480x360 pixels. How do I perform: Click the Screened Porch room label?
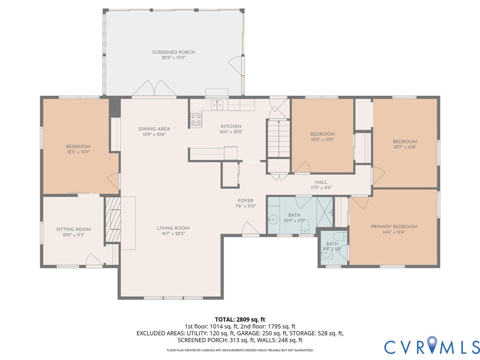(x=173, y=52)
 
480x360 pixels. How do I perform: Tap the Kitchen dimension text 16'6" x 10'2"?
(x=231, y=132)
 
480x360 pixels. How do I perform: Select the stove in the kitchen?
(x=196, y=120)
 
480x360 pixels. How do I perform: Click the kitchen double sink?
(x=217, y=105)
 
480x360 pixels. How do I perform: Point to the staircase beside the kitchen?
(x=278, y=139)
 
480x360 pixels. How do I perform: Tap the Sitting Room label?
(x=73, y=229)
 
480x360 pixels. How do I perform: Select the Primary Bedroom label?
(x=394, y=226)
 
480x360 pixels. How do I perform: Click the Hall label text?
(x=321, y=182)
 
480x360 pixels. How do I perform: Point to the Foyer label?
(x=246, y=201)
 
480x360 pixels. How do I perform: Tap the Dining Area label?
(x=154, y=129)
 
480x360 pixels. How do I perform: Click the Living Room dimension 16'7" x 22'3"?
(x=173, y=233)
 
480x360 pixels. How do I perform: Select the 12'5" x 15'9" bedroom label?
(x=78, y=152)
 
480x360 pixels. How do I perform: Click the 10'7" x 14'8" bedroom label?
(x=405, y=147)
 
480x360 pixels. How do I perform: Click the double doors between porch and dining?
(x=154, y=89)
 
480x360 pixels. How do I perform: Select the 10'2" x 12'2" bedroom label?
(x=322, y=139)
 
